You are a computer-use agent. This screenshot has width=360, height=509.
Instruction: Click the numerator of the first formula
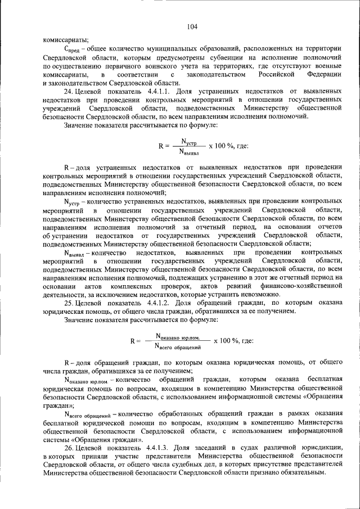[x=191, y=141]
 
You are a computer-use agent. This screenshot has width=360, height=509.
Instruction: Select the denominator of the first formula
[x=191, y=151]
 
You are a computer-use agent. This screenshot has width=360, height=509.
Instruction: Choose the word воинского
[x=153, y=66]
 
